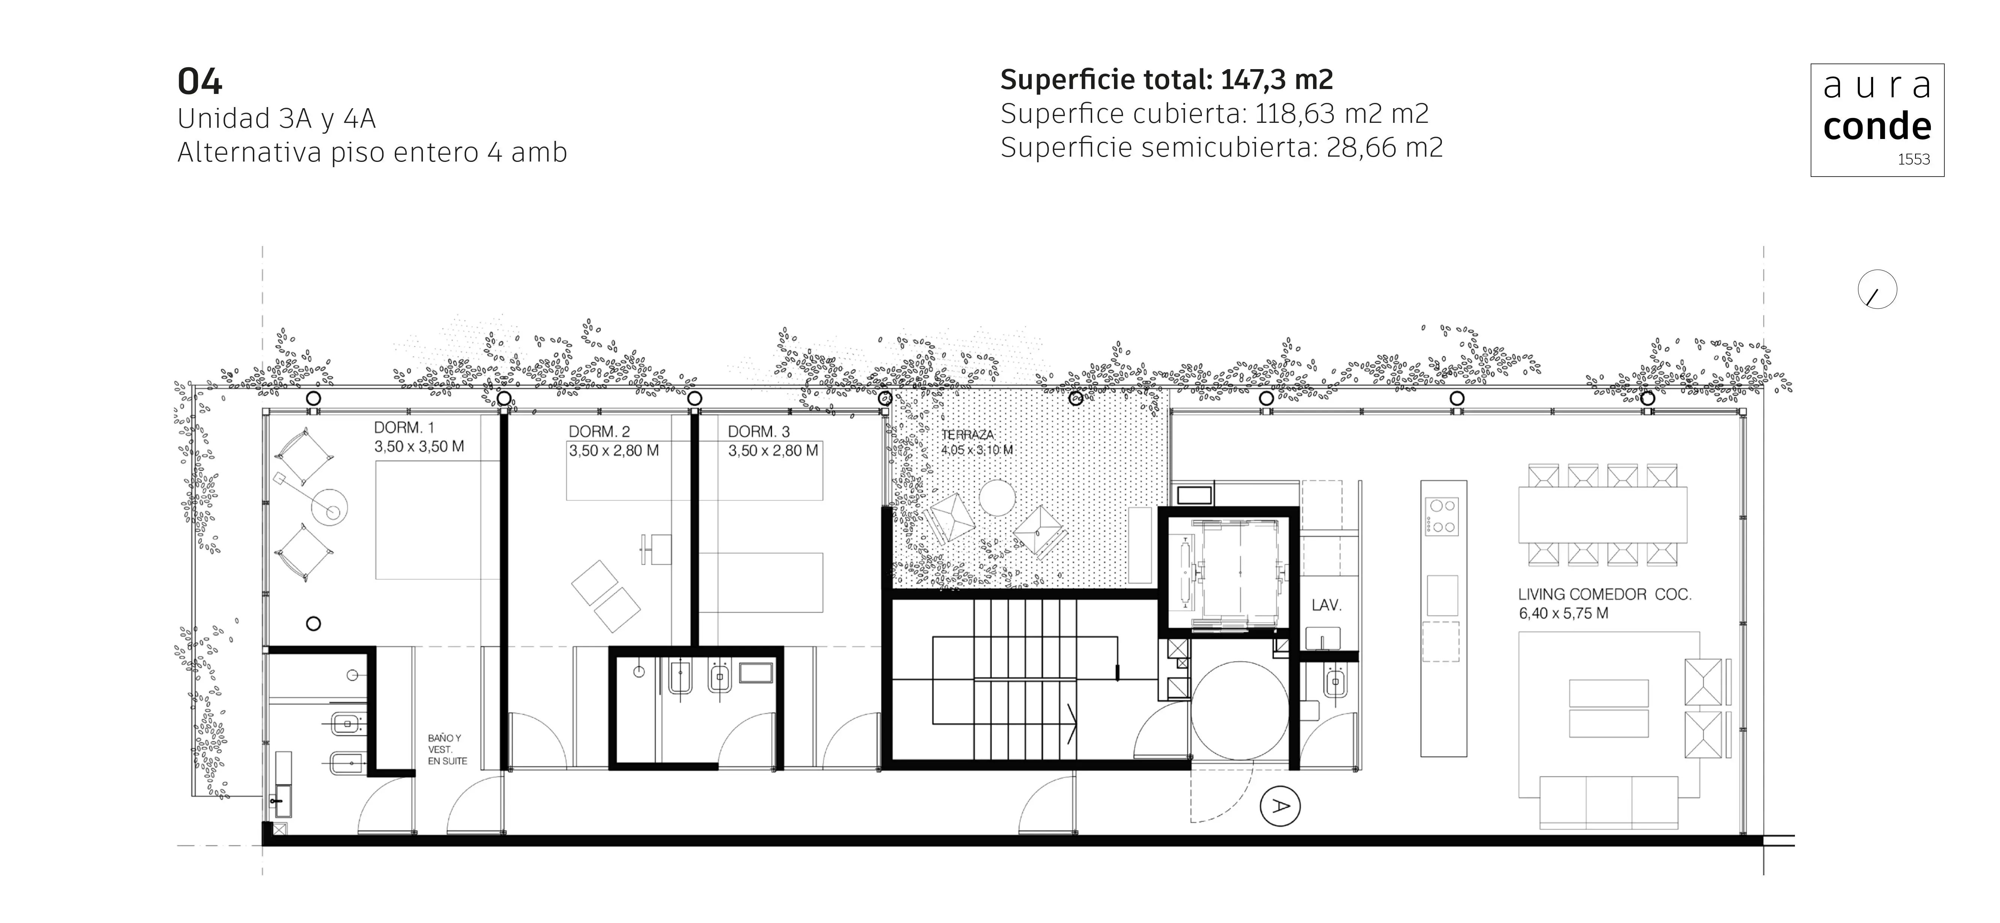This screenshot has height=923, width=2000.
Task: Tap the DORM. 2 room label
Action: pos(599,432)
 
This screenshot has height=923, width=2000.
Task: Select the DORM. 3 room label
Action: pos(759,432)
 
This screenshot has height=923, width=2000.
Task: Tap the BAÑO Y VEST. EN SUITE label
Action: pos(447,750)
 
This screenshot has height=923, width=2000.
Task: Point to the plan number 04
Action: pos(200,82)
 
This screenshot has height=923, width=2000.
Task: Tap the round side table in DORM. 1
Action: pos(330,509)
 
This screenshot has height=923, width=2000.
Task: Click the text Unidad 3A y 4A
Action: pos(276,119)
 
